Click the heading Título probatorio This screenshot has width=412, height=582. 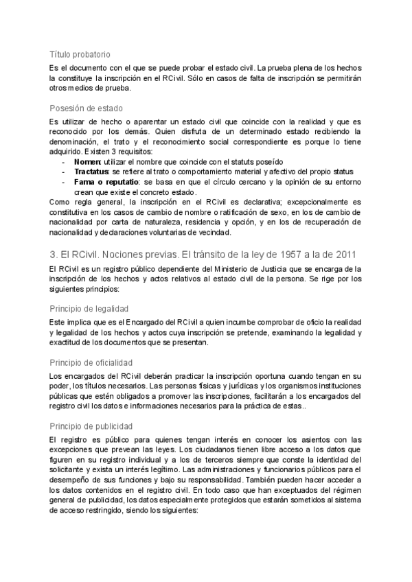click(x=80, y=54)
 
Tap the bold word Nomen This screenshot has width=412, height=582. click(x=87, y=161)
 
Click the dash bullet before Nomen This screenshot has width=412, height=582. click(x=63, y=161)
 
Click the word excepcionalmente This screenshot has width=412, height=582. click(x=307, y=201)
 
